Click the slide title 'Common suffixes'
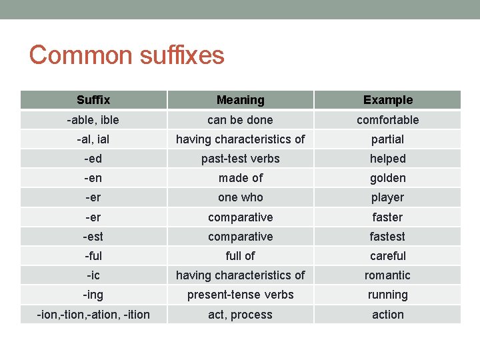coord(127,55)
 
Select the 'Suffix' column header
coord(93,100)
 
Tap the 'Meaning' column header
coord(240,100)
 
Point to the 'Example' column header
coord(388,100)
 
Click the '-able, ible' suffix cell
coord(93,120)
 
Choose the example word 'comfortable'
coord(388,120)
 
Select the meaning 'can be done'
coord(240,120)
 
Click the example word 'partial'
coord(388,139)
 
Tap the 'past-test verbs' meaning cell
coord(240,159)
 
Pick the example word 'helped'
coord(388,159)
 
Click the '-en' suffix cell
coord(93,178)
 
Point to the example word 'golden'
coord(388,178)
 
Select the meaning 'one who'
coord(240,197)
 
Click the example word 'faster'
coord(388,217)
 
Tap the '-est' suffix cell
coord(93,237)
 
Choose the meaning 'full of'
coord(240,256)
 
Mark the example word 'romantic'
coord(388,275)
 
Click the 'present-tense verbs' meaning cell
coord(240,295)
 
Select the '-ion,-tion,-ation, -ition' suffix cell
coord(93,315)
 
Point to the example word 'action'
coord(388,315)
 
